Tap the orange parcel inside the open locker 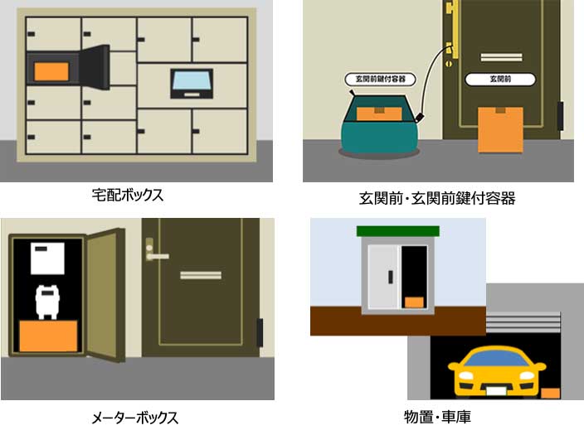pyautogui.click(x=51, y=71)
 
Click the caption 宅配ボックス pyautogui.click(x=128, y=195)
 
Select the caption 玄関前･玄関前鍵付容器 pyautogui.click(x=437, y=198)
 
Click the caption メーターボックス pyautogui.click(x=134, y=418)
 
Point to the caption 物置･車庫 pyautogui.click(x=437, y=417)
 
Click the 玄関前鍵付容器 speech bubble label pyautogui.click(x=380, y=80)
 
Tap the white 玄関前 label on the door pyautogui.click(x=500, y=80)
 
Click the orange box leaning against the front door pyautogui.click(x=500, y=129)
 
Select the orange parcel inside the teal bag pyautogui.click(x=379, y=114)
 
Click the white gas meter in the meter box pyautogui.click(x=47, y=302)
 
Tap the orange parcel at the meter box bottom pyautogui.click(x=48, y=336)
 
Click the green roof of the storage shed pyautogui.click(x=398, y=231)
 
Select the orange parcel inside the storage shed pyautogui.click(x=414, y=302)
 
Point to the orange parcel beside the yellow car pyautogui.click(x=550, y=393)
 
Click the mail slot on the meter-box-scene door pyautogui.click(x=201, y=275)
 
